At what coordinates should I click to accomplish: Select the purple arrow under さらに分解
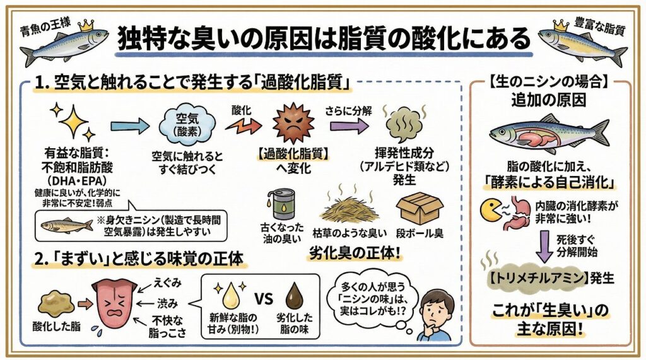pos(349,126)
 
